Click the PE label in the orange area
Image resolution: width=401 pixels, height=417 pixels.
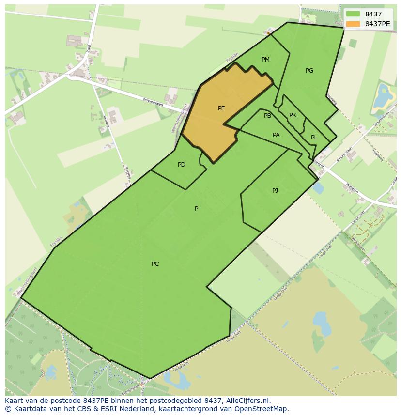click(x=221, y=108)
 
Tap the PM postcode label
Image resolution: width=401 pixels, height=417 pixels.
click(x=265, y=60)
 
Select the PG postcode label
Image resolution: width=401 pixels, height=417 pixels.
click(x=309, y=71)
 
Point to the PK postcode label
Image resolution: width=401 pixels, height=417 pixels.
click(x=293, y=115)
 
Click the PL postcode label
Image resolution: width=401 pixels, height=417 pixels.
click(x=314, y=138)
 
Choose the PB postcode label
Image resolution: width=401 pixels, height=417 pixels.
click(x=267, y=116)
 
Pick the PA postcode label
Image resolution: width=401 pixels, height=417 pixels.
click(x=276, y=135)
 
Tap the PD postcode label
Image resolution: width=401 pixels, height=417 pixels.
click(x=182, y=165)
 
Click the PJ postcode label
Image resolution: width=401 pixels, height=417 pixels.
click(x=275, y=190)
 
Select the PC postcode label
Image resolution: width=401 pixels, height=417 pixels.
click(x=155, y=264)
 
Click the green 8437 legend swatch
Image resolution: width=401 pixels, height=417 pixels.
click(x=353, y=14)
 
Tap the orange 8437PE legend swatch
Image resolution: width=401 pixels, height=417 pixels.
click(x=353, y=24)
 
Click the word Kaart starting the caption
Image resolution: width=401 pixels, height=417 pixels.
click(x=15, y=401)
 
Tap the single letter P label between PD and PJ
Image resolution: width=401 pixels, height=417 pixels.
click(x=196, y=209)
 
